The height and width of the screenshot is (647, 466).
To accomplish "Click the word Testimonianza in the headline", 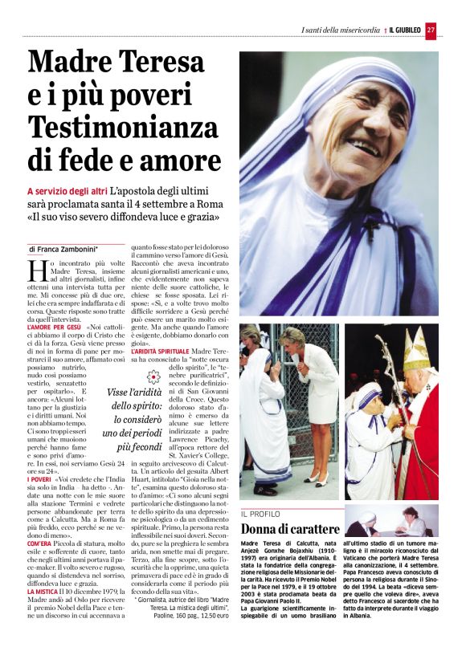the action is click(x=122, y=126).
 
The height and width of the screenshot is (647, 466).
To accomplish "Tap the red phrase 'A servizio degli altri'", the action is click(x=67, y=193).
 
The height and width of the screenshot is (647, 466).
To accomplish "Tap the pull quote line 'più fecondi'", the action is click(x=126, y=446).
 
